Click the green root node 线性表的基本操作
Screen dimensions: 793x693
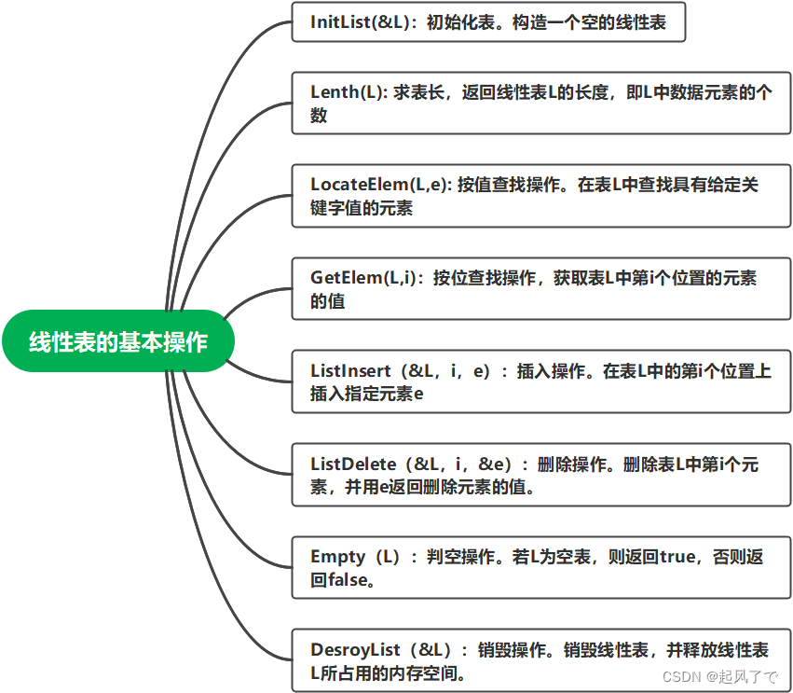pos(117,341)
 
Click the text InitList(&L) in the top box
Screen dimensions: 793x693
pos(359,23)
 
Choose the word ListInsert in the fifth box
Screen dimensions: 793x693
pos(350,371)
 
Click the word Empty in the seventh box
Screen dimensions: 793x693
pos(337,557)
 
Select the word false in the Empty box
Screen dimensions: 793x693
pos(334,580)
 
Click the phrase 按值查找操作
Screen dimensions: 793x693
pos(513,185)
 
